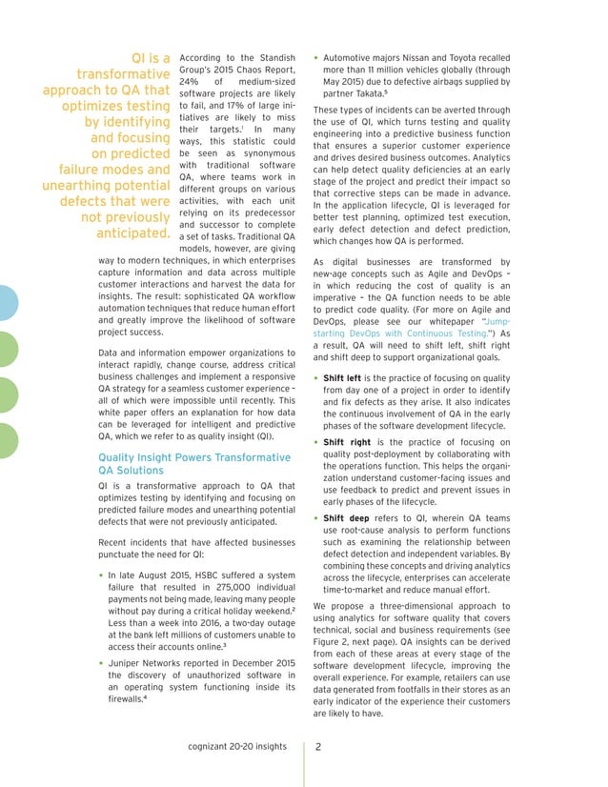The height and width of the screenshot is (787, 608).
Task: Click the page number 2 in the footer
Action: [319, 748]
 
